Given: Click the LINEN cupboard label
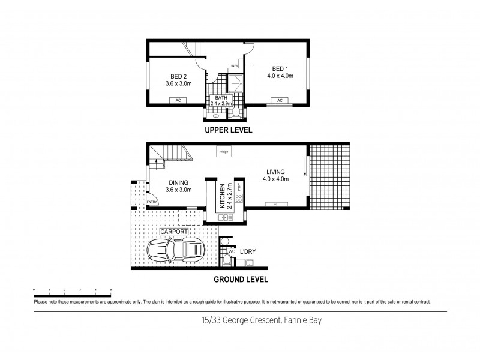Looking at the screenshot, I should click(x=233, y=65).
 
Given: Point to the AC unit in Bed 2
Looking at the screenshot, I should click(x=178, y=100).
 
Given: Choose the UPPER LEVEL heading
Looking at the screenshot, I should click(x=228, y=130).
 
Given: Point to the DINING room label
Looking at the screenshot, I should click(x=178, y=183).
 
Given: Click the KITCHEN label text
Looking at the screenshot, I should click(x=221, y=196).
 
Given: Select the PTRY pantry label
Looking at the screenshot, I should click(x=239, y=187).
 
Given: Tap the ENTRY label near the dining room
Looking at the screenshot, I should click(x=152, y=202).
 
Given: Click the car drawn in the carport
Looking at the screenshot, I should click(x=176, y=248).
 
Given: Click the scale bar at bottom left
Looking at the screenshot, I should click(x=72, y=292).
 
